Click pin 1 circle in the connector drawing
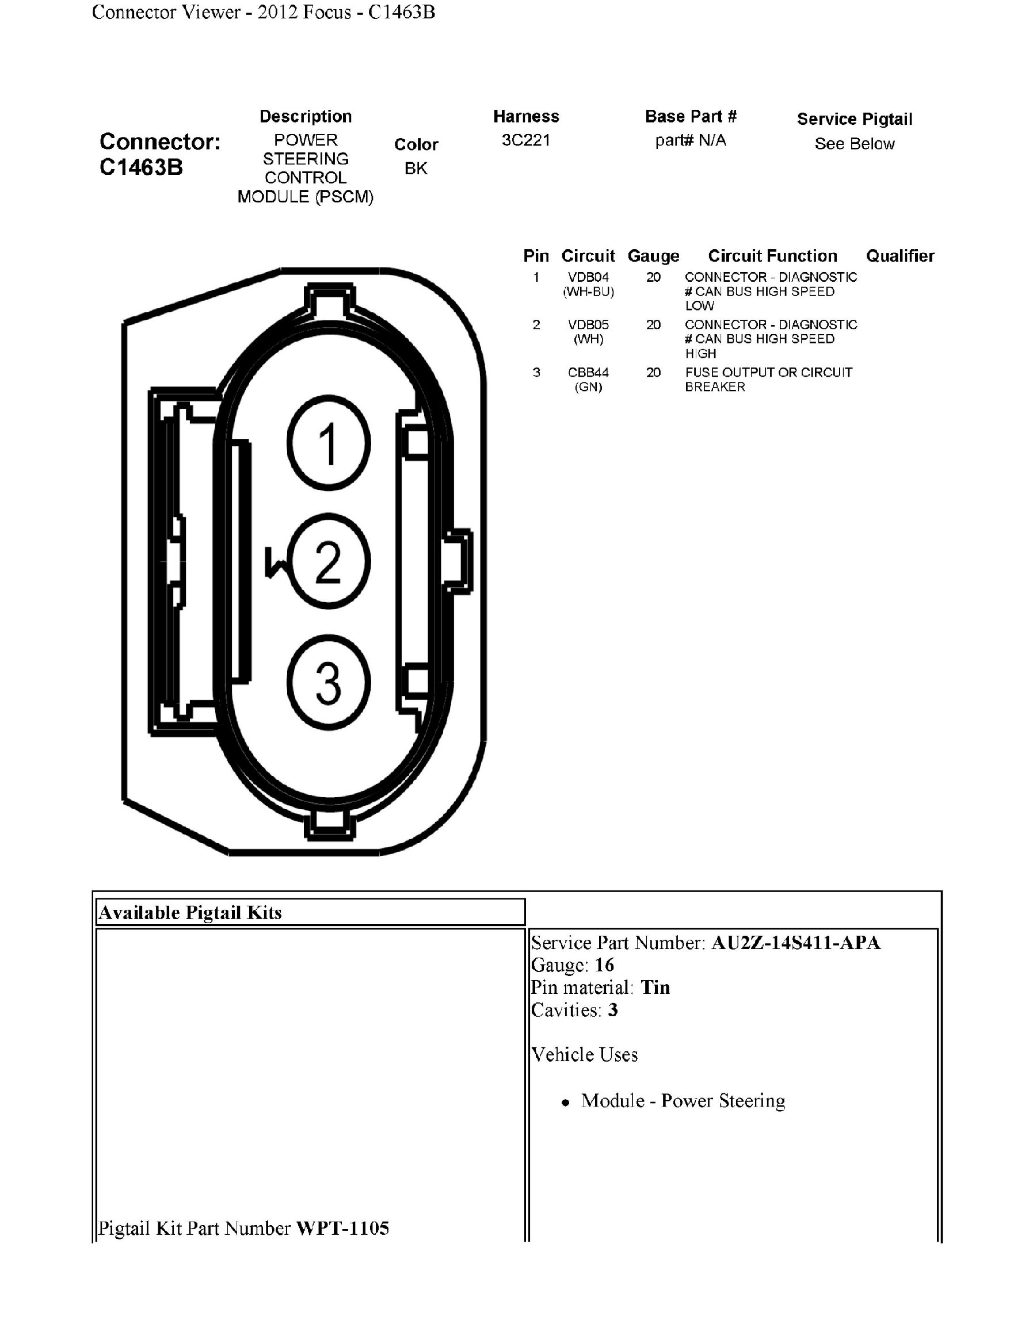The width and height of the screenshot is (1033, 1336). click(x=329, y=443)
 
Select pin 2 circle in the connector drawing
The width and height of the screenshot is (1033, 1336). click(x=329, y=561)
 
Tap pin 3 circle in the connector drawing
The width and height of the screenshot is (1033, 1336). click(x=329, y=682)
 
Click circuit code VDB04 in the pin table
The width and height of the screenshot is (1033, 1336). click(x=588, y=277)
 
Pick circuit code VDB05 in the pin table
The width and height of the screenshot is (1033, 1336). click(x=588, y=325)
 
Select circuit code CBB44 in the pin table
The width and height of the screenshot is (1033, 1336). click(x=588, y=373)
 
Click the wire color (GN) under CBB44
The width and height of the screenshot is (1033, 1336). click(x=588, y=387)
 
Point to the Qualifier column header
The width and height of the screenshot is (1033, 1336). click(x=899, y=256)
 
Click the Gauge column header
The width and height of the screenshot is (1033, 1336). click(x=653, y=256)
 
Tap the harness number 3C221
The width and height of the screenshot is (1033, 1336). click(x=525, y=140)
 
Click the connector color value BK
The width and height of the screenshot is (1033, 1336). click(x=416, y=169)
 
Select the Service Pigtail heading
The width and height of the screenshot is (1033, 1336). click(x=854, y=119)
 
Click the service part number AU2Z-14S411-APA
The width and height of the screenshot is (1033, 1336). click(x=795, y=943)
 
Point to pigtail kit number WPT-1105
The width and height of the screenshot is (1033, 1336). click(x=342, y=1228)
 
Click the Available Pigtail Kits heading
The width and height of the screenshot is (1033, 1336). click(x=190, y=913)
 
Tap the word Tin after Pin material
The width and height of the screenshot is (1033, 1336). click(x=655, y=987)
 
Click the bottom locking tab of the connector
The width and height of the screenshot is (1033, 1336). click(x=330, y=824)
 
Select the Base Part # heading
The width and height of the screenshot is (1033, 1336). click(x=691, y=116)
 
